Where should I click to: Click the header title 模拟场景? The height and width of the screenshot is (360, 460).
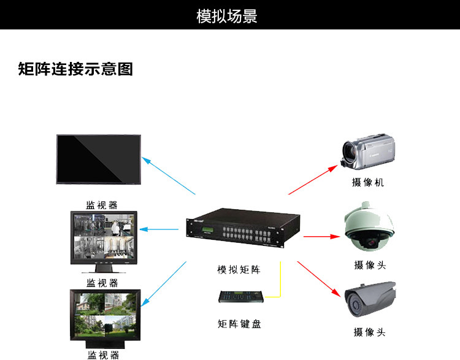(227, 16)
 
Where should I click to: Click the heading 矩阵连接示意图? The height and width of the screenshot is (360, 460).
(75, 69)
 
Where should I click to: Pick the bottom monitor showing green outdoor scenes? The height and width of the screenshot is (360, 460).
(104, 315)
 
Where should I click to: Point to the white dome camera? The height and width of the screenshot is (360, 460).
(367, 227)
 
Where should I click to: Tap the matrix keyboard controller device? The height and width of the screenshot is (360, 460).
(241, 295)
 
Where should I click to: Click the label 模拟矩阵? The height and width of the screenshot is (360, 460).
(239, 270)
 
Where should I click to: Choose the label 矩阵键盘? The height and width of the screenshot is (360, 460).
(239, 324)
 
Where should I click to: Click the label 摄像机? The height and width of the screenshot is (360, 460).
(368, 183)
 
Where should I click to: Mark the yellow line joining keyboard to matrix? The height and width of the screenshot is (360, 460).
(281, 282)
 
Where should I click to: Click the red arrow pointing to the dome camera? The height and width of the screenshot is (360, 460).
(321, 236)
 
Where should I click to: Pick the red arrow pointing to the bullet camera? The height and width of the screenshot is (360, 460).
(319, 279)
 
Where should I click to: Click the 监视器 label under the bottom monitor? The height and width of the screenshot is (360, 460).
(102, 354)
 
